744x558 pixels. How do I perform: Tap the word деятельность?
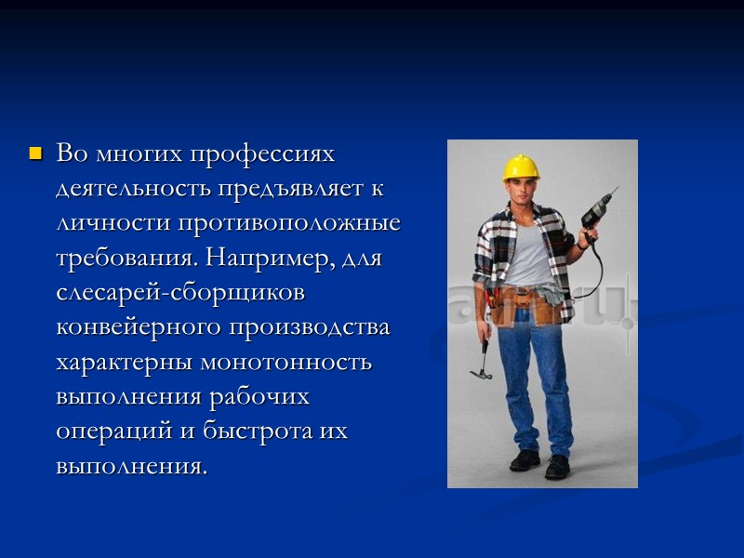pyautogui.click(x=133, y=189)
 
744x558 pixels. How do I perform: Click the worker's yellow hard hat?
pyautogui.click(x=521, y=167)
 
